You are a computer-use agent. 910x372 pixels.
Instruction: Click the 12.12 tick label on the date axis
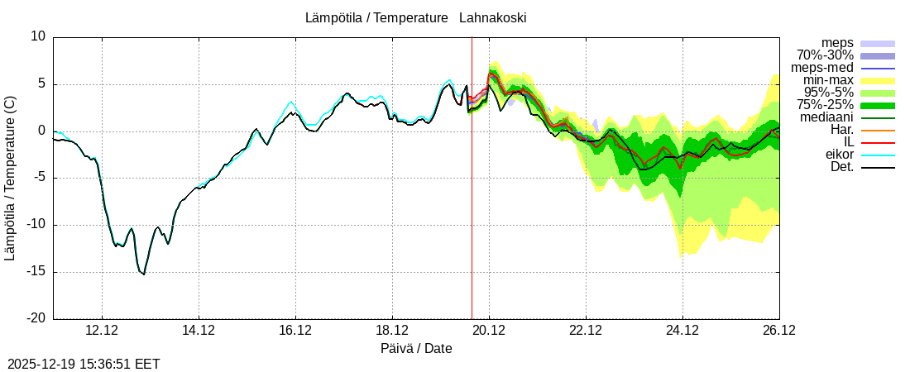[102, 330]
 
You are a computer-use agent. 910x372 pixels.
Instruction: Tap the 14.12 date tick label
[199, 330]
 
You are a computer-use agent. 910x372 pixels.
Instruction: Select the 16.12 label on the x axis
[295, 330]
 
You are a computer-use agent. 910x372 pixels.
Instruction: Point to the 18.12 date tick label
[392, 330]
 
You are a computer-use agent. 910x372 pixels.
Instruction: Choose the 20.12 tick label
[489, 330]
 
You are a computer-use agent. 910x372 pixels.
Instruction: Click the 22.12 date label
[586, 330]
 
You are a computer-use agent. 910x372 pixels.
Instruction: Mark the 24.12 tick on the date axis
[682, 330]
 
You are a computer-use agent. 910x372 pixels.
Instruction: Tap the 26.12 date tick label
[779, 330]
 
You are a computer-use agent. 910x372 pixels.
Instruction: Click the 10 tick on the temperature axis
[38, 36]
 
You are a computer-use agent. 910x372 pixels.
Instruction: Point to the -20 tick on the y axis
[35, 318]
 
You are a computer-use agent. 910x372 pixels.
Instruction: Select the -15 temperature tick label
[35, 272]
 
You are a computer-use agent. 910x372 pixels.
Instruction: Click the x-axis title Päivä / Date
[416, 348]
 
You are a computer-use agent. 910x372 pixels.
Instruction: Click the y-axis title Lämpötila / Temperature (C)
[10, 178]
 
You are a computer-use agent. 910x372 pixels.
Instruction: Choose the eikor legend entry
[840, 155]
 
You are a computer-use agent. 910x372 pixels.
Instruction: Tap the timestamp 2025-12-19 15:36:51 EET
[84, 364]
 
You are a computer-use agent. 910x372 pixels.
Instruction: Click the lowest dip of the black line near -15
[143, 274]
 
